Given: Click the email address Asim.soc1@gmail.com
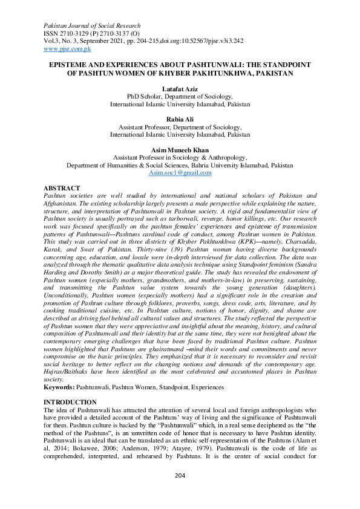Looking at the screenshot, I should pyautogui.click(x=180, y=173).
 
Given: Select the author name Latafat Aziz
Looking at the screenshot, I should pyautogui.click(x=180, y=88).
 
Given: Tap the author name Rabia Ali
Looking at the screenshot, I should pyautogui.click(x=180, y=119).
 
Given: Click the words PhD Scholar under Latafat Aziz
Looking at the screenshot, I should pyautogui.click(x=143, y=96).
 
